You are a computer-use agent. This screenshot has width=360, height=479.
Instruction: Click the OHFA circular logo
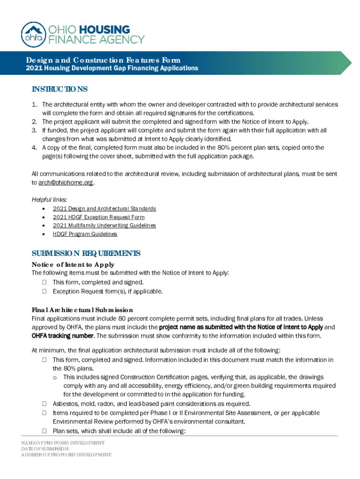pos(34,34)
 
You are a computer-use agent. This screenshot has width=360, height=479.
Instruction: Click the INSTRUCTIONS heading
pos(59,89)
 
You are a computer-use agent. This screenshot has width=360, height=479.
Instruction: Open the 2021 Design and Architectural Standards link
pos(104,209)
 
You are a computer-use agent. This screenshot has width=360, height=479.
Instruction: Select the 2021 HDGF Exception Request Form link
pos(99,217)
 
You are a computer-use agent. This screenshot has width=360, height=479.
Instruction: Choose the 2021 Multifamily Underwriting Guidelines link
pos(104,225)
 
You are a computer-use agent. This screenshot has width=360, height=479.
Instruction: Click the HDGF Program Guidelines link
pos(85,234)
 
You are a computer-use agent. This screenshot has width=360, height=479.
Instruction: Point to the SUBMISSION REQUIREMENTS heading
pos(86,254)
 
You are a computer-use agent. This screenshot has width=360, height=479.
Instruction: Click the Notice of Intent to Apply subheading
pos(73,265)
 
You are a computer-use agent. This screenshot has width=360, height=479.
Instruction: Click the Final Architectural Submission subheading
pos(82,310)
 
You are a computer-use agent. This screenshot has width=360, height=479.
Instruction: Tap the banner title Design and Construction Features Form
pos(103,60)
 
